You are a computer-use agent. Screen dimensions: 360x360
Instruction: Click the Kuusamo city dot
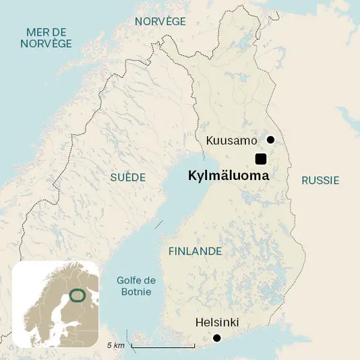click(x=270, y=140)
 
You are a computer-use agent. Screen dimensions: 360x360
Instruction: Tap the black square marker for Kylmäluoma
click(x=260, y=159)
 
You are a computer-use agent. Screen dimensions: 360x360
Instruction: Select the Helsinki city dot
click(x=217, y=338)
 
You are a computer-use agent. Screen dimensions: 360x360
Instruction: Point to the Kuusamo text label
click(x=231, y=141)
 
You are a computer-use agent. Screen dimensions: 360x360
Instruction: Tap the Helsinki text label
click(x=216, y=322)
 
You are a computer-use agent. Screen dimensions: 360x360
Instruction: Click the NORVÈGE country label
click(x=160, y=22)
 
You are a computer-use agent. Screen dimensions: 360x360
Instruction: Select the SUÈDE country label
click(x=128, y=177)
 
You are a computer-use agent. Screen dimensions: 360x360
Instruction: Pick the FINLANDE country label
click(x=195, y=251)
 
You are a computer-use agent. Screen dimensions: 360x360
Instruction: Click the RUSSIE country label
click(x=320, y=181)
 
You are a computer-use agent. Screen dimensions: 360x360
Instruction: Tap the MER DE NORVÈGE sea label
click(x=46, y=38)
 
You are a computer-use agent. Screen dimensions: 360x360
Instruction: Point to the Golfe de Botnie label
click(x=136, y=286)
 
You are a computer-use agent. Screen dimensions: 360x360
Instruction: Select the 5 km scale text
click(x=116, y=345)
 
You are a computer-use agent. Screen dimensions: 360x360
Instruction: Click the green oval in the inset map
click(x=78, y=295)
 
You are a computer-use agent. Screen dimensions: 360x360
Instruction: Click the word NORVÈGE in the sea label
click(x=46, y=44)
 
